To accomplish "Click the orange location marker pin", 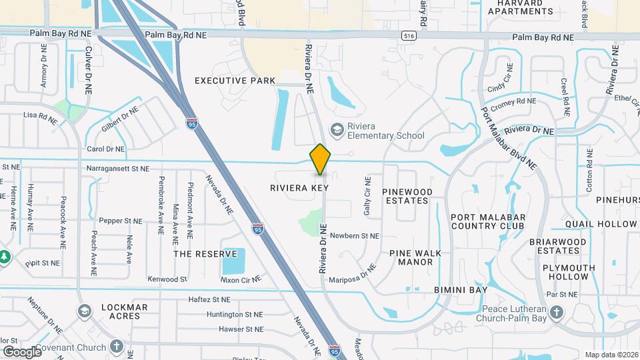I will pos(320,159).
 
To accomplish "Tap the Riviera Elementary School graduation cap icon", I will pos(337,129).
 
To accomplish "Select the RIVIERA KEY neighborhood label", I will pos(299,188).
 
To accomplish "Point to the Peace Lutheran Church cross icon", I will pos(558,311).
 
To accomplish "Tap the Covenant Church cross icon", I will pos(117,347).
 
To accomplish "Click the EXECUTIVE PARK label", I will pos(235,81).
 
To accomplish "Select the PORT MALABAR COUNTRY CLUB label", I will pos(488,221).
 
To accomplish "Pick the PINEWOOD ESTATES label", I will pos(407,196).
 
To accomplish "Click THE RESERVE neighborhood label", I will pos(205,254).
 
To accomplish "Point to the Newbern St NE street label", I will pos(354,236).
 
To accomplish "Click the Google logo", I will pos(21,351).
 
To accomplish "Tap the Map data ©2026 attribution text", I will pos(611,355).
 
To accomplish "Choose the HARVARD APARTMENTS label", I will pos(526,7).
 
